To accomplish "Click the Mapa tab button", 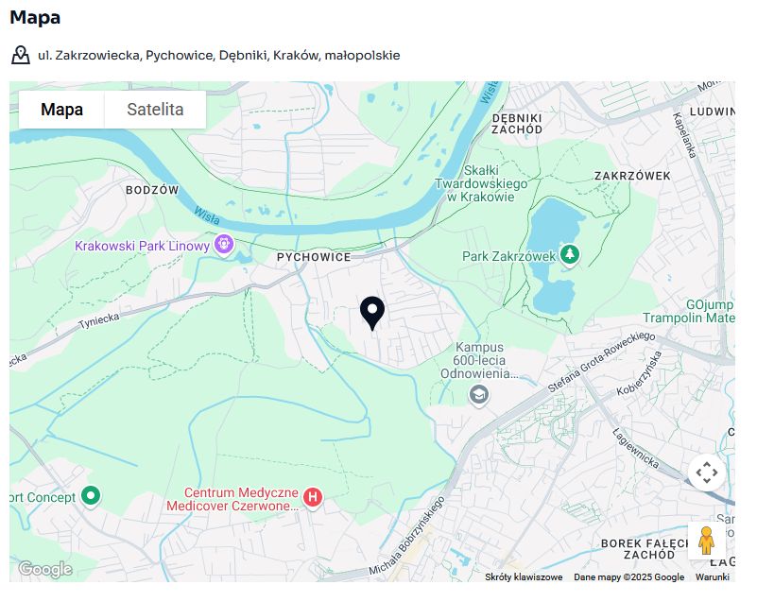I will [61, 110].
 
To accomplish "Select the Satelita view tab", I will [155, 110].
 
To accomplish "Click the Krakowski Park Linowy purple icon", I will [224, 245].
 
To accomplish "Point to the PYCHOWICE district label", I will [314, 257].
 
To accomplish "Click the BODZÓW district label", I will [152, 190].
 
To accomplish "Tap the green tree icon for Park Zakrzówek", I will [570, 254].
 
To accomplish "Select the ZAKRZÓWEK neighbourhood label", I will [632, 176].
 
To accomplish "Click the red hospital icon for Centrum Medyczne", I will [313, 497].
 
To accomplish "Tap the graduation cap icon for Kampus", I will [479, 394].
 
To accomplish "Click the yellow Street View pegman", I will [706, 541].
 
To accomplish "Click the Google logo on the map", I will [44, 569].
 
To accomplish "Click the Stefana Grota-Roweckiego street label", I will [601, 362].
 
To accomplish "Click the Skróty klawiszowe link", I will [524, 576].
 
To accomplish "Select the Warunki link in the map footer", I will [713, 576].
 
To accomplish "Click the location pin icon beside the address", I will [21, 55].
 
